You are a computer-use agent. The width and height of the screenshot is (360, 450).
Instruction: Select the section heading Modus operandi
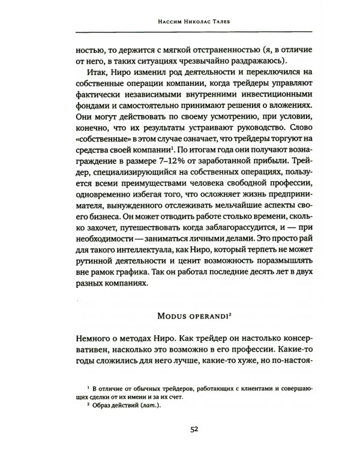coord(179,317)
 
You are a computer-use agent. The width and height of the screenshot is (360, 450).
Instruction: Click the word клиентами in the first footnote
coord(245,389)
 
